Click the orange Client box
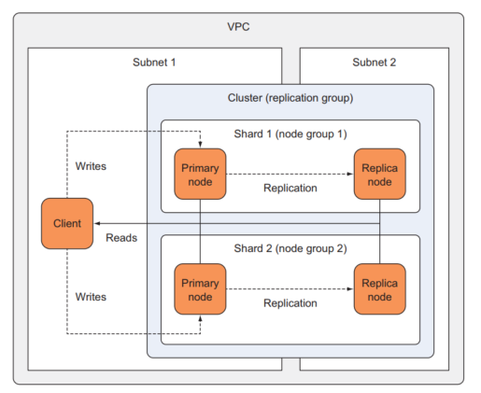pyautogui.click(x=68, y=223)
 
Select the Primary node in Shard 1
pyautogui.click(x=201, y=174)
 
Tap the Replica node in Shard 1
pyautogui.click(x=379, y=174)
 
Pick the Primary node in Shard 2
pyautogui.click(x=201, y=288)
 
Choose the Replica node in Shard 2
pyautogui.click(x=379, y=288)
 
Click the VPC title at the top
pyautogui.click(x=239, y=25)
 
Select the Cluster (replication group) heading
pyautogui.click(x=290, y=98)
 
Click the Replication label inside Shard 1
pyautogui.click(x=290, y=188)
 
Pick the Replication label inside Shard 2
pyautogui.click(x=290, y=303)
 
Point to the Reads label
pyautogui.click(x=120, y=238)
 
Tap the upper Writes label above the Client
pyautogui.click(x=91, y=166)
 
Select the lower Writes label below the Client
pyautogui.click(x=91, y=296)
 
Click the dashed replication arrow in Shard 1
pyautogui.click(x=290, y=174)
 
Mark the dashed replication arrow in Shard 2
pyautogui.click(x=290, y=288)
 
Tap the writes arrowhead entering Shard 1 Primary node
pyautogui.click(x=201, y=145)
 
